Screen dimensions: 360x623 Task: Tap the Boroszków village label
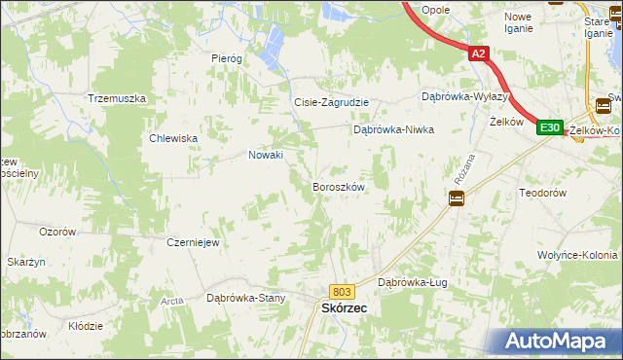click(x=338, y=186)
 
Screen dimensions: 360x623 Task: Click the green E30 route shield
click(x=550, y=127)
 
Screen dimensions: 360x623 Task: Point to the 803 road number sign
click(x=341, y=291)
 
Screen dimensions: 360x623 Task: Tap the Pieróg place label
click(x=226, y=58)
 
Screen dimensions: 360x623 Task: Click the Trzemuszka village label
click(x=117, y=99)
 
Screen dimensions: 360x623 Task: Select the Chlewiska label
click(x=173, y=138)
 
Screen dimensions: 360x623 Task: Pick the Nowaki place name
click(x=266, y=155)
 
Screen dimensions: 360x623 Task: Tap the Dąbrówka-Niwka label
click(x=392, y=128)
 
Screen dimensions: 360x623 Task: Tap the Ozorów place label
click(x=57, y=232)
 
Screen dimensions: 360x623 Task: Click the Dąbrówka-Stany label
click(x=245, y=298)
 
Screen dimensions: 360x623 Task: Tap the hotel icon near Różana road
click(x=456, y=198)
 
